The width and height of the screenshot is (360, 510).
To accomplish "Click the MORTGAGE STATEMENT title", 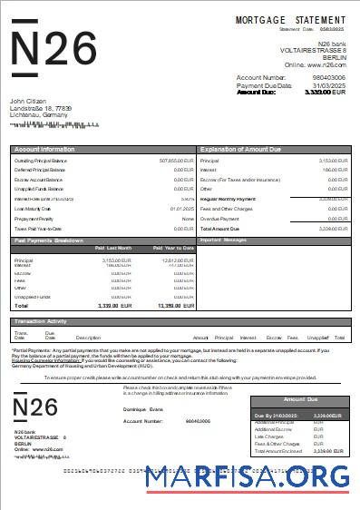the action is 290,19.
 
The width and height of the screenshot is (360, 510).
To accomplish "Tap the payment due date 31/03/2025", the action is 328,85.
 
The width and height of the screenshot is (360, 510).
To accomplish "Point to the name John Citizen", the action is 29,101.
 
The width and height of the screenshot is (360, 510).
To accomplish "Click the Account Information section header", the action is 45,148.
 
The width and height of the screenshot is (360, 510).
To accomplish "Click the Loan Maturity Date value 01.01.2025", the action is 182,208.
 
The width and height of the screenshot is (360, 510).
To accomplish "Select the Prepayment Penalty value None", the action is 188,219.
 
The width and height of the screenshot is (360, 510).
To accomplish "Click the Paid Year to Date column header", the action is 173,248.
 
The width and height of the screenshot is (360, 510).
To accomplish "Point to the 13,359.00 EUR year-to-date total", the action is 176,306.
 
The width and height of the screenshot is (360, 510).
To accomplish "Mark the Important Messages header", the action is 223,240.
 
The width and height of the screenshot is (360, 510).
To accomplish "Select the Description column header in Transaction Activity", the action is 88,338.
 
